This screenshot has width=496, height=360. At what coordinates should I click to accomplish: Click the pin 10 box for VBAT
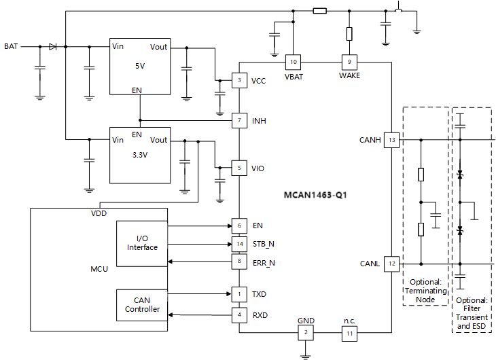click(294, 62)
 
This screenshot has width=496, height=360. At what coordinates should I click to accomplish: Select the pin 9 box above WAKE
click(349, 62)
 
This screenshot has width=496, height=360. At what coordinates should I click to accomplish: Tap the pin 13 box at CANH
click(392, 141)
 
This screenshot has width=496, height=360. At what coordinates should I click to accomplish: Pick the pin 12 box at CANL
click(392, 264)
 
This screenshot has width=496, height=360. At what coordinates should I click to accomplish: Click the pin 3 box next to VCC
click(238, 81)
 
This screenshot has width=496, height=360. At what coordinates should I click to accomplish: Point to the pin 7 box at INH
click(238, 120)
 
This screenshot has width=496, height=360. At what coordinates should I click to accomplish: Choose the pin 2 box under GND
click(306, 332)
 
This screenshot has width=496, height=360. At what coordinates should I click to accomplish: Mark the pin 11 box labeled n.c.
click(349, 332)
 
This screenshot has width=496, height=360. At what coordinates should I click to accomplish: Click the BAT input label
click(11, 47)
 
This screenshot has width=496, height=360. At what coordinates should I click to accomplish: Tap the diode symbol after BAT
click(52, 47)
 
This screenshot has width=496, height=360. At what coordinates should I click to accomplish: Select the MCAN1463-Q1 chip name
click(317, 195)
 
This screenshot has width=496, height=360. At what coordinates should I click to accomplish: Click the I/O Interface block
click(142, 243)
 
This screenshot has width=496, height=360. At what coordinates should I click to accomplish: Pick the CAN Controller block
click(142, 304)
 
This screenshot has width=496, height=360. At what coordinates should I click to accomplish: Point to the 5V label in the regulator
click(140, 67)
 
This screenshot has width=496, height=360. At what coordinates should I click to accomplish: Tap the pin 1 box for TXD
click(238, 294)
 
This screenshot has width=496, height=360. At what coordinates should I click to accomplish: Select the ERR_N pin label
click(264, 262)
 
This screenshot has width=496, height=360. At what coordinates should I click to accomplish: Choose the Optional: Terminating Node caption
click(426, 291)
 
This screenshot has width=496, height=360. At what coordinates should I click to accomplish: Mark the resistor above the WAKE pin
click(349, 34)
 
